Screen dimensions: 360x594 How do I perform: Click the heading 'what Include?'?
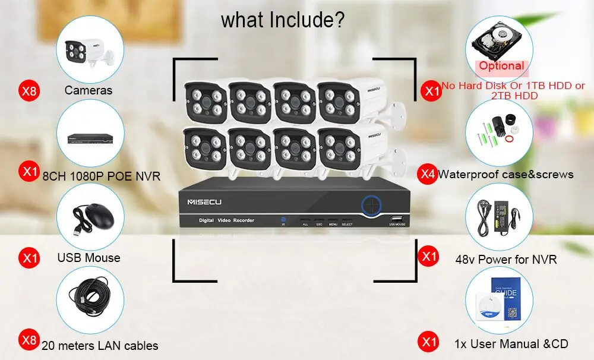[282, 19]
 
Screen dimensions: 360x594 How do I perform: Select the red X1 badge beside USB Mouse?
[29, 257]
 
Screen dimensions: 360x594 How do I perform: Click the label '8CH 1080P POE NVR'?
[102, 176]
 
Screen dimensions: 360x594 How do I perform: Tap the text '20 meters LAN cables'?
[100, 345]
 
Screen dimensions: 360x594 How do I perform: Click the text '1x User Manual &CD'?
[511, 343]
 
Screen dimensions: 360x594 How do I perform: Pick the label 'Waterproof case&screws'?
[505, 174]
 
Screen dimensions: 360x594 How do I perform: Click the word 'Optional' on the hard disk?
[501, 66]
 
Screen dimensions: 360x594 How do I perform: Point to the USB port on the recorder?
[397, 218]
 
